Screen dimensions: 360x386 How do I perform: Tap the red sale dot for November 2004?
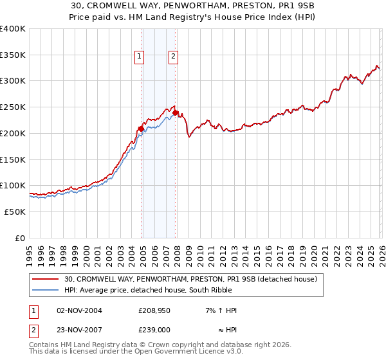(x=141, y=129)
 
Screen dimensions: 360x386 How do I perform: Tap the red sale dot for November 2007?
(x=176, y=113)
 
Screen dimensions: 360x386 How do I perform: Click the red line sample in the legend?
(x=46, y=280)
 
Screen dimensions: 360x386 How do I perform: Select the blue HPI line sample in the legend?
(x=46, y=290)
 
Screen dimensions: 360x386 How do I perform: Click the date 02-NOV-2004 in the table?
(x=79, y=310)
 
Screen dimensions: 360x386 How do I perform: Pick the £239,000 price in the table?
(x=154, y=329)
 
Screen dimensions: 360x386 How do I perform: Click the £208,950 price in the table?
(x=154, y=310)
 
